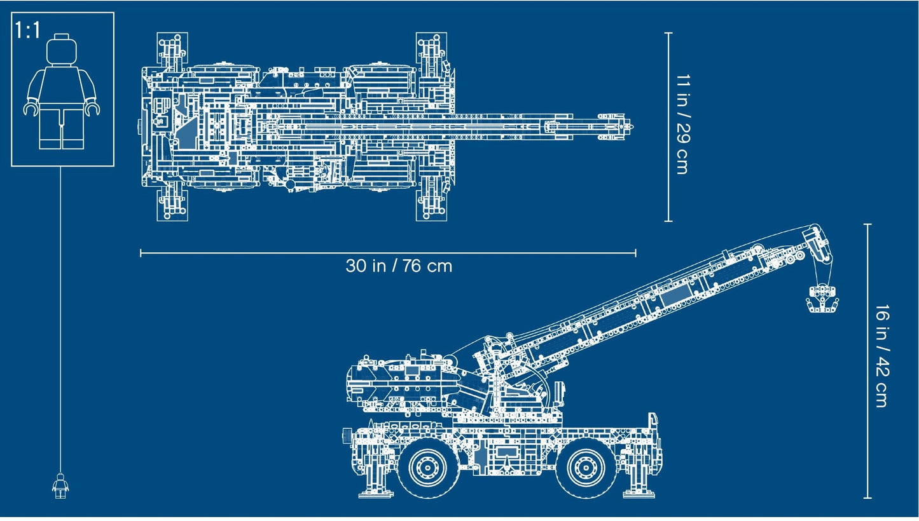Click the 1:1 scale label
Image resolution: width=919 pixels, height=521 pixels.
[x=28, y=30]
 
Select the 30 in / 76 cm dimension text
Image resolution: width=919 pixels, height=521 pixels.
[x=399, y=266]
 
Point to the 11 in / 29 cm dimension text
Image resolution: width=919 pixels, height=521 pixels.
[x=682, y=125]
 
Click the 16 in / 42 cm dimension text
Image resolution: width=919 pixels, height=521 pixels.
[x=881, y=356]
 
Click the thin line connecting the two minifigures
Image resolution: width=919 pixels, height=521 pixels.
[x=62, y=318]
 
